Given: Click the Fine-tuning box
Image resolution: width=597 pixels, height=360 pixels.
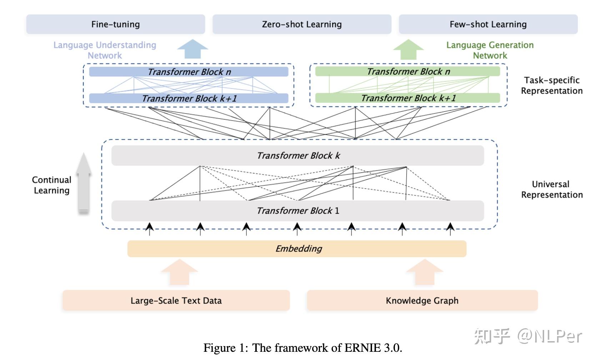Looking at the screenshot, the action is (x=116, y=24).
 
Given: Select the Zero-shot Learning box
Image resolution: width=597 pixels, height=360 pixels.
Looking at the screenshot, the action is (x=302, y=24).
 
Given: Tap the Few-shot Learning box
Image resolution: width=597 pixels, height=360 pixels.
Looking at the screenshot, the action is (x=488, y=24).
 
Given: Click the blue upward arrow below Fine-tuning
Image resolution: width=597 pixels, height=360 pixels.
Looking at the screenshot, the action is (x=193, y=49).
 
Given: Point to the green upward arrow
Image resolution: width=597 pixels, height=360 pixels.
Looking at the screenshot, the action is (x=408, y=49).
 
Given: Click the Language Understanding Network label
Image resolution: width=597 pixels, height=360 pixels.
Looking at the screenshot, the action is (x=105, y=50).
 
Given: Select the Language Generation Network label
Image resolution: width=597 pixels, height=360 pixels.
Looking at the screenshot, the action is (x=490, y=50).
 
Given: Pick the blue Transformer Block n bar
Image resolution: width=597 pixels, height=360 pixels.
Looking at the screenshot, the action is (x=189, y=72).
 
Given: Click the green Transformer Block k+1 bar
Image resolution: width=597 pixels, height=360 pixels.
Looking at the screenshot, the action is (x=407, y=98).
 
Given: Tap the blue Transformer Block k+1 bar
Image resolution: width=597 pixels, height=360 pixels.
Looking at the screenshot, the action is (x=189, y=99).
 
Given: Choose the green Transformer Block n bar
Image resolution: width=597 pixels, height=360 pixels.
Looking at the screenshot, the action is (x=407, y=71).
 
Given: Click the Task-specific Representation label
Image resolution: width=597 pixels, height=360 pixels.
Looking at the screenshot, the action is (x=552, y=85).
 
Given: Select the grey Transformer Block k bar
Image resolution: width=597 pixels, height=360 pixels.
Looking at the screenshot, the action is (x=298, y=155).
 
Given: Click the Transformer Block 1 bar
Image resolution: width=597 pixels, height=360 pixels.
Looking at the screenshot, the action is (x=298, y=211).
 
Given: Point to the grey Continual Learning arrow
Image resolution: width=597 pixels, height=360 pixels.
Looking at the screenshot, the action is (x=84, y=184).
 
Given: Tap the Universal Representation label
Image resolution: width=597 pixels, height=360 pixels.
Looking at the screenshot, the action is (x=552, y=189).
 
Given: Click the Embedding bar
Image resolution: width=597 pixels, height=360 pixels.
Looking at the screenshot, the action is (x=297, y=249).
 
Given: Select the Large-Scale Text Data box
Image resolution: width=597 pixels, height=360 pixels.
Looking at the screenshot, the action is (x=176, y=300).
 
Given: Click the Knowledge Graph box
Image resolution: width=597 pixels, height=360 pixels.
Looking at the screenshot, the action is (x=422, y=300).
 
